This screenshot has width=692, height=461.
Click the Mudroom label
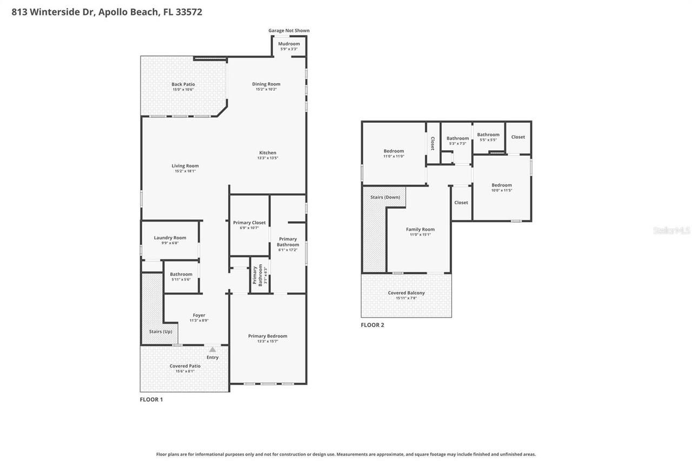[289, 44]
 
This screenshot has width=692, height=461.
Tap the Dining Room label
[266, 84]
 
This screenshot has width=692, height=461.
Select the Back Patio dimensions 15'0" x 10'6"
[183, 90]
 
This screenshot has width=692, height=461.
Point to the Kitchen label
[268, 153]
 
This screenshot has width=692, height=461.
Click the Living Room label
[185, 166]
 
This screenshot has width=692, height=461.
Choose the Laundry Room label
[170, 238]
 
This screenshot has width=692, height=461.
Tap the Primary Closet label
[249, 223]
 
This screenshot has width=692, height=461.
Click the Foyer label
[199, 315]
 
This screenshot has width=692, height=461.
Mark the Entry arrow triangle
[212, 350]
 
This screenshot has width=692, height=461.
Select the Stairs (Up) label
[161, 331]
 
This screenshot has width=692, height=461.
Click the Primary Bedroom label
[268, 336]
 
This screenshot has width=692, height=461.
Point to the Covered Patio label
[185, 366]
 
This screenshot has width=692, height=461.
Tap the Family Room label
[420, 229]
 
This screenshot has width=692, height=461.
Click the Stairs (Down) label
[385, 197]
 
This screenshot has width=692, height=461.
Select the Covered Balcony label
[406, 293]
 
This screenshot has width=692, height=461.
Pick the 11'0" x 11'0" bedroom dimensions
[394, 156]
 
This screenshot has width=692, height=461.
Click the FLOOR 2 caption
[372, 325]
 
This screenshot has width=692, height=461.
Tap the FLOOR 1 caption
[151, 399]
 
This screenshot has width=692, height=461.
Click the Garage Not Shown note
[289, 31]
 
